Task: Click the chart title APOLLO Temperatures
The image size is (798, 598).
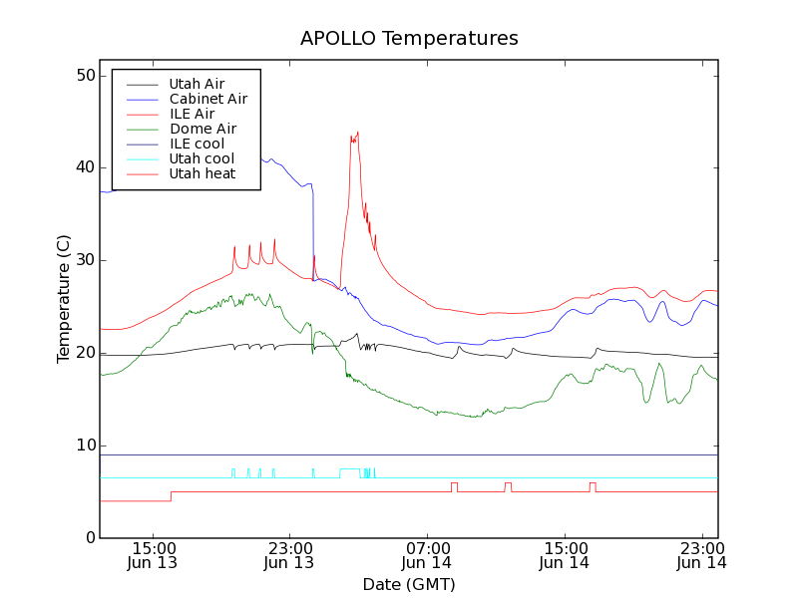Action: [x=409, y=39]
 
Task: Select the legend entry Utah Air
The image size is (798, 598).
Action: [x=197, y=84]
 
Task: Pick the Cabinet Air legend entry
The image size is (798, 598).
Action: [x=207, y=99]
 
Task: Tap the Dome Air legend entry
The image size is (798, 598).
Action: [x=202, y=129]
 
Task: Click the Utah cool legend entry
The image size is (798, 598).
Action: [x=201, y=158]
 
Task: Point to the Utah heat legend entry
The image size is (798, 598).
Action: [x=201, y=173]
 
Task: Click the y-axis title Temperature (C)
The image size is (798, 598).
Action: [x=64, y=299]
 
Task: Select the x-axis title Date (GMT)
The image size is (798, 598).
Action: [x=409, y=584]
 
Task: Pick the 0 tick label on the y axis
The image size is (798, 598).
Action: [x=90, y=538]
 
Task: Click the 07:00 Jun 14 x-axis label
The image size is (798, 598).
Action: [x=427, y=555]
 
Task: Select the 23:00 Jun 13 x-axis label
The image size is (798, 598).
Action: [x=289, y=555]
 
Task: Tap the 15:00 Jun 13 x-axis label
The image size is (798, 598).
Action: [x=153, y=555]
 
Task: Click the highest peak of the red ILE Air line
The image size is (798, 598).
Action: [x=357, y=132]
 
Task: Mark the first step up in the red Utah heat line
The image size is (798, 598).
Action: [x=171, y=495]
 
